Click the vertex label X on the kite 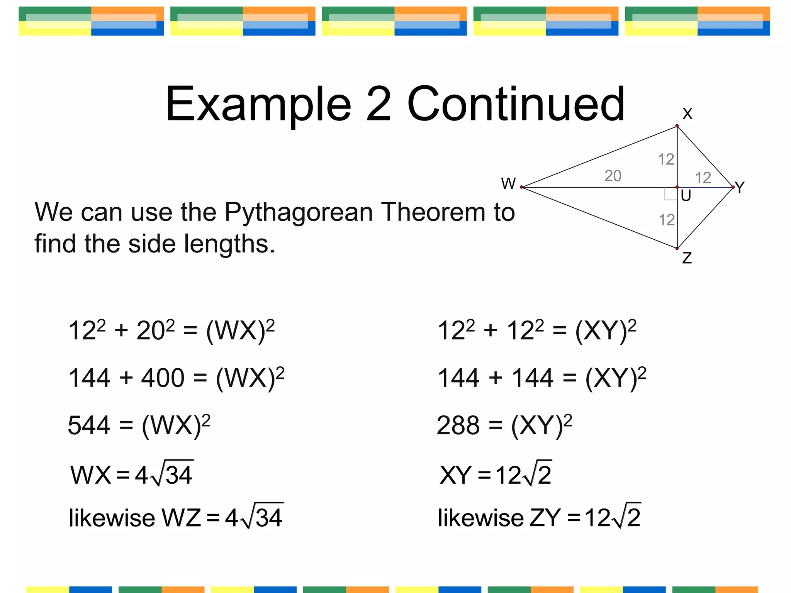[x=687, y=114]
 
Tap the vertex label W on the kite [x=508, y=183]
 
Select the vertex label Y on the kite [x=740, y=188]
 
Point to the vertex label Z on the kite [x=687, y=258]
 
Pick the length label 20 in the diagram [x=613, y=176]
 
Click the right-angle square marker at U [x=670, y=194]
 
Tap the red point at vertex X [x=677, y=126]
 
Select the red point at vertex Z [x=677, y=248]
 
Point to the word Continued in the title [x=516, y=104]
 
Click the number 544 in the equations [x=89, y=425]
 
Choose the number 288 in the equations [x=458, y=425]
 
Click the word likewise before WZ [x=112, y=518]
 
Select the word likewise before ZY [x=480, y=518]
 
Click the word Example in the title [x=258, y=104]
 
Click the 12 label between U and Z [x=667, y=220]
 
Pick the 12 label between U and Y [x=703, y=178]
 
